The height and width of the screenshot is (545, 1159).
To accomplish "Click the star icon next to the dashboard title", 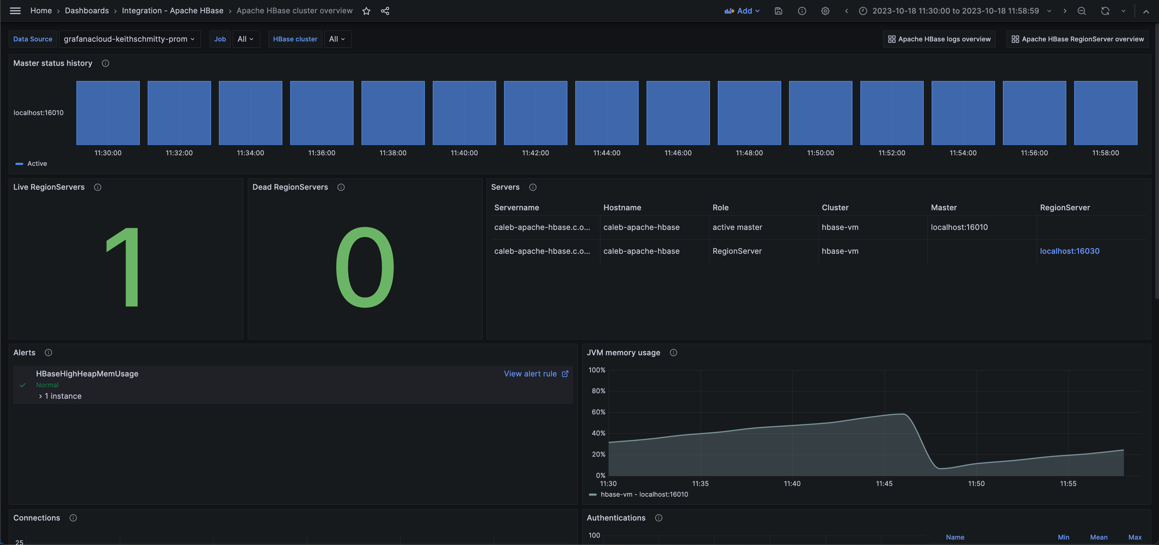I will pyautogui.click(x=366, y=11).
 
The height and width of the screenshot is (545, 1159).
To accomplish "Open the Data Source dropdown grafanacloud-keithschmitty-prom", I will pyautogui.click(x=130, y=39).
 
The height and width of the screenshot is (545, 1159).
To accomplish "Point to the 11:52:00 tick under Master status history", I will pyautogui.click(x=891, y=153).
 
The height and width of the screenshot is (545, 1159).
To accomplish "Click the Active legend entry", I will pyautogui.click(x=37, y=164).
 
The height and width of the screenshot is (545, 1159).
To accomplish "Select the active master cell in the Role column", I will pyautogui.click(x=737, y=227).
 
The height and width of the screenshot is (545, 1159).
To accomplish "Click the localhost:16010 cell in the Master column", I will pyautogui.click(x=959, y=227).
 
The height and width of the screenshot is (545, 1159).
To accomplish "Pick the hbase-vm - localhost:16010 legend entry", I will pyautogui.click(x=644, y=495).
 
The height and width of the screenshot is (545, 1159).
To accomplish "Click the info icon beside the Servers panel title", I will pyautogui.click(x=533, y=187).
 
